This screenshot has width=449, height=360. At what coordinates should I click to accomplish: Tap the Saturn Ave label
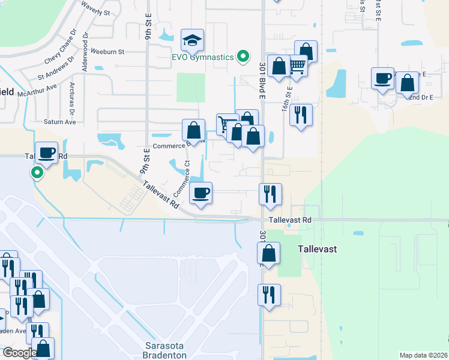pos(60,122)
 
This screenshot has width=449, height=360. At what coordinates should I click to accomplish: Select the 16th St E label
pos(289,100)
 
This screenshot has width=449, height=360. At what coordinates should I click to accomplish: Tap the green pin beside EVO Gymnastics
pos(243,57)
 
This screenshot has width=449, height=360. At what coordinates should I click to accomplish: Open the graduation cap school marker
pos(192,41)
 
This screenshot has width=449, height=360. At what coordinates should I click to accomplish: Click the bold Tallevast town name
pos(318,249)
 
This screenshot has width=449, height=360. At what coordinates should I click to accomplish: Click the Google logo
pos(20,352)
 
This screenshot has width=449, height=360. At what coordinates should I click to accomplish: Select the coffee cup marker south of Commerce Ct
pos(200,193)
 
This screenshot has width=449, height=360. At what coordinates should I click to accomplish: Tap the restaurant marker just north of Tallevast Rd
pos(270,194)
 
